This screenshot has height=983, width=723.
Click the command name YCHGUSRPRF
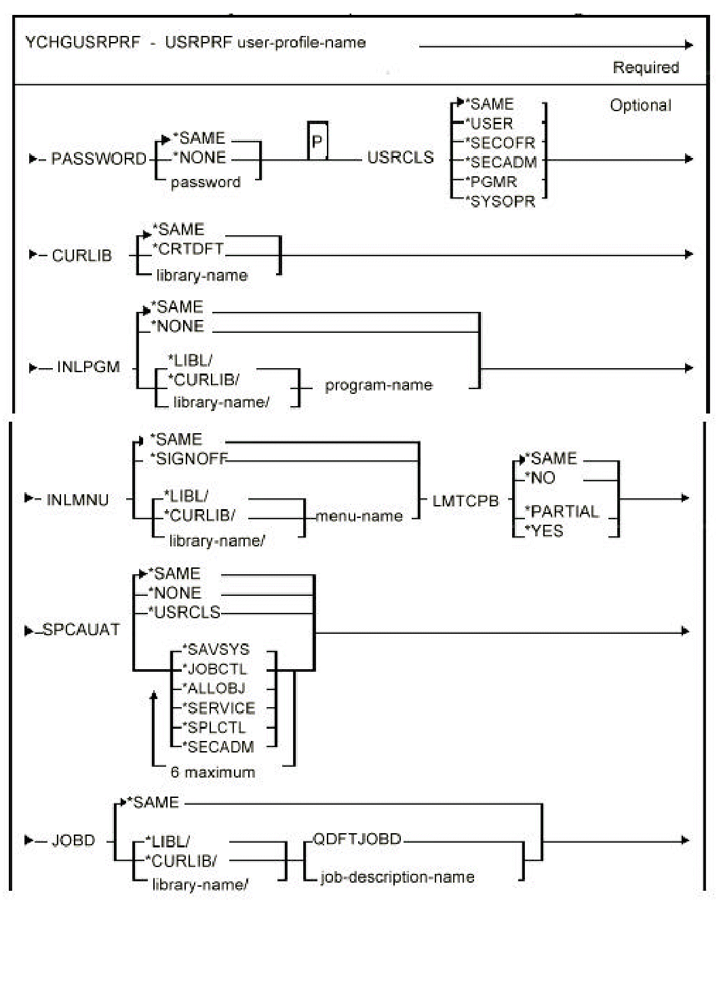coord(82,43)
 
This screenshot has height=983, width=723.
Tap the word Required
coord(645,68)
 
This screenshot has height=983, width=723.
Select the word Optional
coord(640,106)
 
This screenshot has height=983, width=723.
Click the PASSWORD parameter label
coord(98,159)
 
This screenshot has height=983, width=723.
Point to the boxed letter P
coord(317,142)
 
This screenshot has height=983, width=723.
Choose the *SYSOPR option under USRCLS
coord(501,201)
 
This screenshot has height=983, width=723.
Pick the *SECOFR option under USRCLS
coord(501,143)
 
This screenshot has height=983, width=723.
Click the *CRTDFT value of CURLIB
coord(189,249)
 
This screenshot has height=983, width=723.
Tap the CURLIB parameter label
coord(81,256)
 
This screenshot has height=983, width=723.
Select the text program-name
coord(378,385)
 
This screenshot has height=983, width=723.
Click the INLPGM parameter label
coord(88,367)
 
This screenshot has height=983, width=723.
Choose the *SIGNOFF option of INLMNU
coord(189,459)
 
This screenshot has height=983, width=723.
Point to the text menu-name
coord(359,516)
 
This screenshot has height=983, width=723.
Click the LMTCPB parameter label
coord(465,501)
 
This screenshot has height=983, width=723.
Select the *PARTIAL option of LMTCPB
coord(562,511)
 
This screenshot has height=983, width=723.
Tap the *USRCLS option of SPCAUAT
coord(184,612)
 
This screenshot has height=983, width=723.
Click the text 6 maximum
coord(212,772)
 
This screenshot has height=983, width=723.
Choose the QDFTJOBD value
coord(357,839)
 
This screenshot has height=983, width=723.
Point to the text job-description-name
coord(397,877)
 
